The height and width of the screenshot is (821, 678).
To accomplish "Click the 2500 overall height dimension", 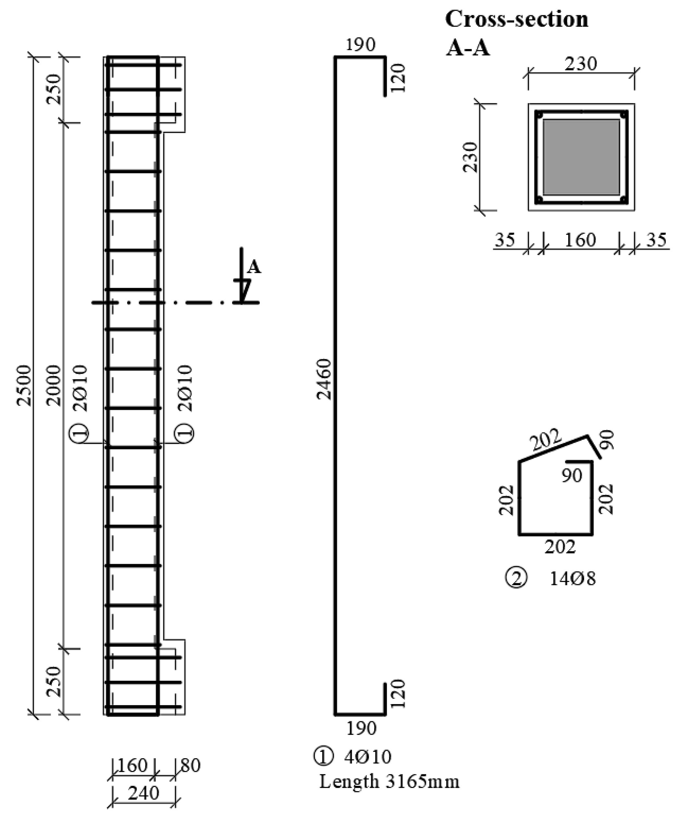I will (23, 386).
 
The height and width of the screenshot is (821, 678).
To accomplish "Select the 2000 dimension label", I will (54, 386).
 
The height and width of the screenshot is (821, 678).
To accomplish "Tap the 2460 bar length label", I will (324, 379).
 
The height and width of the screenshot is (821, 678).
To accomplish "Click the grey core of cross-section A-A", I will (581, 157).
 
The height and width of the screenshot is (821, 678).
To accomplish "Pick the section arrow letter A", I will (254, 267).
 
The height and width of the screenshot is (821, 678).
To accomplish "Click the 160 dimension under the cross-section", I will (580, 240).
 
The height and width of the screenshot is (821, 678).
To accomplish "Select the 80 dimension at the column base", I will (191, 765).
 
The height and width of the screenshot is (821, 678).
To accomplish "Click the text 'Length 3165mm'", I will (389, 781).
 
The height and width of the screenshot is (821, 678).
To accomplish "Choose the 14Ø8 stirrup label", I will (573, 579).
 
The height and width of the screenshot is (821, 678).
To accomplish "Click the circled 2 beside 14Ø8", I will (516, 578).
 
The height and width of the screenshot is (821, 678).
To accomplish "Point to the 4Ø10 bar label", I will (367, 757).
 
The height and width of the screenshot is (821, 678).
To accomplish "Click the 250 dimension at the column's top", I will (54, 89).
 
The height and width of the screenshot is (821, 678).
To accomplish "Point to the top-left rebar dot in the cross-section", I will (539, 115).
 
